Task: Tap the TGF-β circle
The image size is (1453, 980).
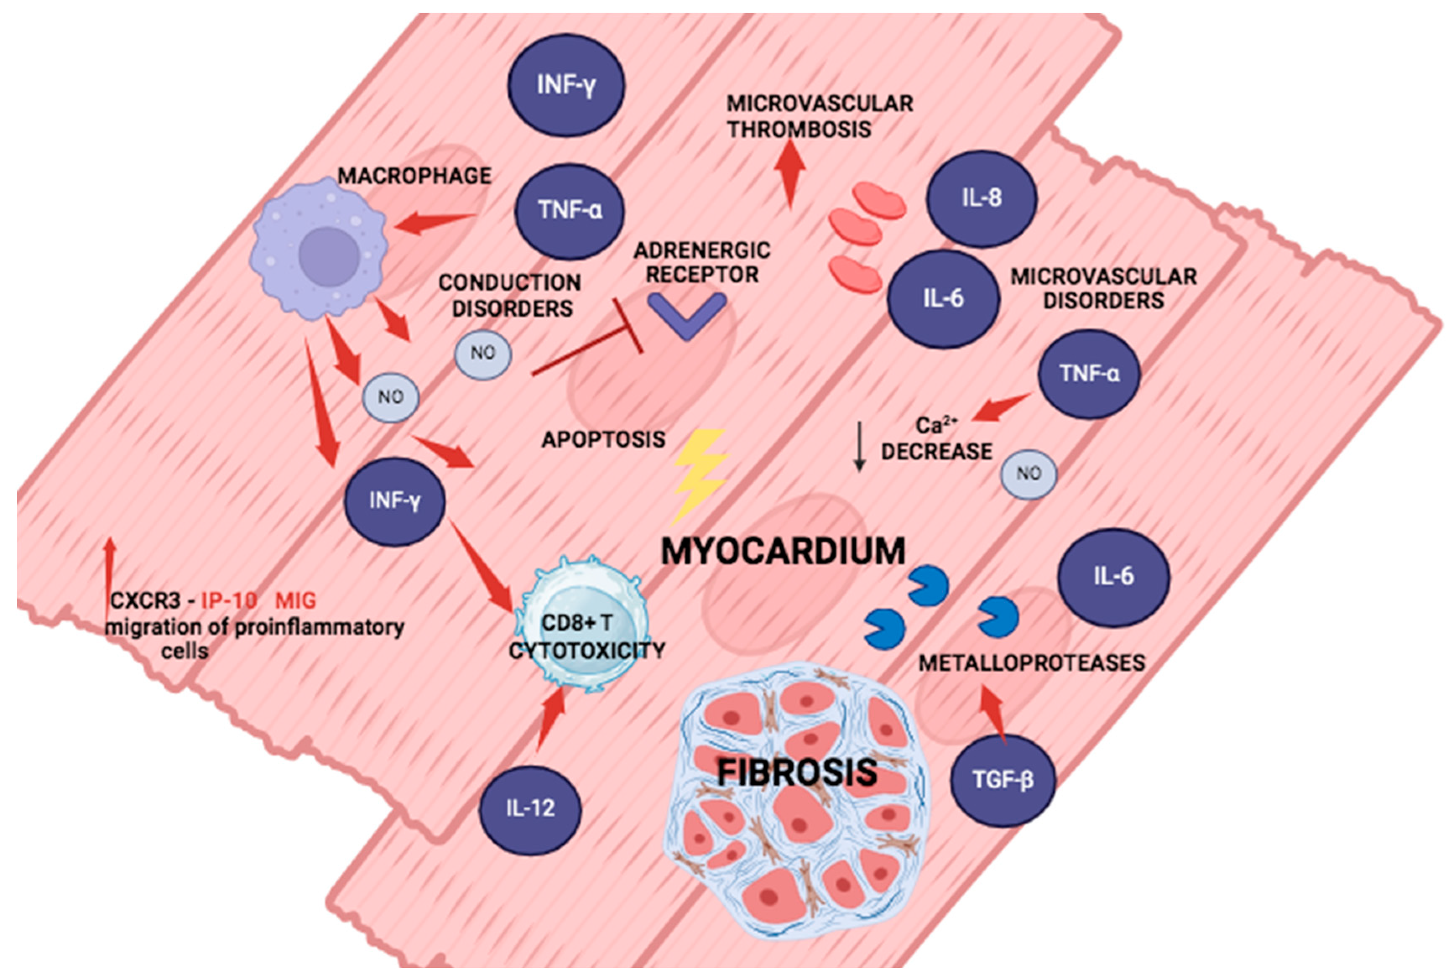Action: coord(1003,780)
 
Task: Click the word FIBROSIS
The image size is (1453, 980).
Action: coord(797,772)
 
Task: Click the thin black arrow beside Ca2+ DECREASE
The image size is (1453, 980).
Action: coord(859,447)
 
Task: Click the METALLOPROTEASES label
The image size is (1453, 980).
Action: coord(1031,662)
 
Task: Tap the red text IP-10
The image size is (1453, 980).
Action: coord(229,601)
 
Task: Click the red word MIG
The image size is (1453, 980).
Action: coord(296,601)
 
